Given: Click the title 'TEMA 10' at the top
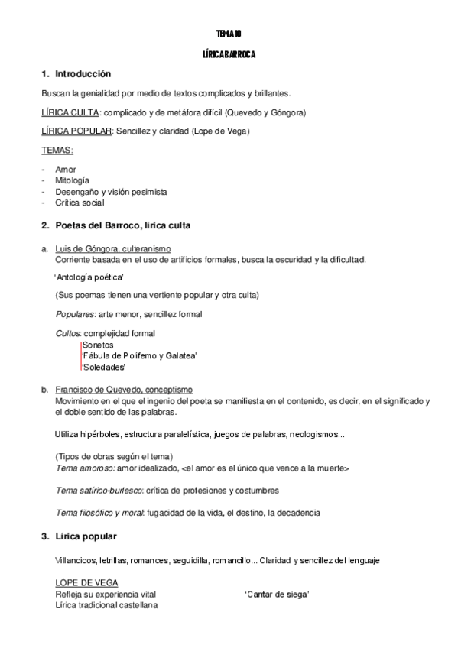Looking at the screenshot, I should pyautogui.click(x=229, y=34).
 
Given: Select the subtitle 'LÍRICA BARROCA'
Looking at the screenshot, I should pyautogui.click(x=229, y=55).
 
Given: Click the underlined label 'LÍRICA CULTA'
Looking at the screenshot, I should pyautogui.click(x=70, y=112).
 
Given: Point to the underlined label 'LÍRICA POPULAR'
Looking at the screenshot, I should pyautogui.click(x=76, y=131).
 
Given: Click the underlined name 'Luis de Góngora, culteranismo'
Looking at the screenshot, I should pyautogui.click(x=113, y=249).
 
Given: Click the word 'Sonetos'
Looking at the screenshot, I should pyautogui.click(x=97, y=345).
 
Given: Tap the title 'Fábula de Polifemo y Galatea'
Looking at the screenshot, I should pyautogui.click(x=139, y=356).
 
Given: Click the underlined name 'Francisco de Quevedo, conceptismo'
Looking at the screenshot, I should pyautogui.click(x=124, y=390).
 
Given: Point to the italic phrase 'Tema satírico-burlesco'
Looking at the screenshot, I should pyautogui.click(x=99, y=490).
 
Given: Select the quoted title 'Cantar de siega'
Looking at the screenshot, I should pyautogui.click(x=277, y=594).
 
